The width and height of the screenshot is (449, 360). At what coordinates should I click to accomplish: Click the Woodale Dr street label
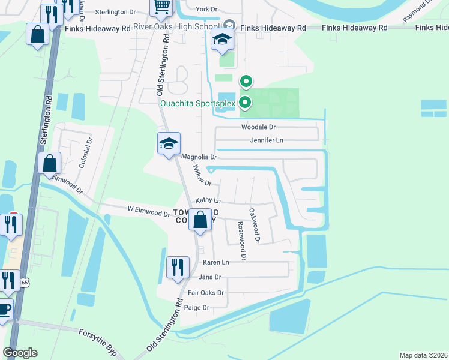258,127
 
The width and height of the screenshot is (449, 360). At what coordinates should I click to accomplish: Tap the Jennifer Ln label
267,140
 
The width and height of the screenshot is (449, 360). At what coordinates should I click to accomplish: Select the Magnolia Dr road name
199,157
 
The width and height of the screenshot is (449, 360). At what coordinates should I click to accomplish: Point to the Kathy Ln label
208,200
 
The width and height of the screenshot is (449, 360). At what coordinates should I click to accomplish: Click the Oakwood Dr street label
254,225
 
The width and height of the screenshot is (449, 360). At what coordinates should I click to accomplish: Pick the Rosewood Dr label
241,240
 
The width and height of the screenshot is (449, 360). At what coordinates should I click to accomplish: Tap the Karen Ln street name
216,263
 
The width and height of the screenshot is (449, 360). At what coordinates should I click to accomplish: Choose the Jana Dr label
209,277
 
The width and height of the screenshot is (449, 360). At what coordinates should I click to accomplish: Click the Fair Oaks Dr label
206,293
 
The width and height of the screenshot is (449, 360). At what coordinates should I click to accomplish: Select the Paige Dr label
197,308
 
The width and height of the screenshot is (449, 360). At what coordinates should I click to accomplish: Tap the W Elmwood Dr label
149,212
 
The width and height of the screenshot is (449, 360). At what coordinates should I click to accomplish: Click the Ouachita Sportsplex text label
197,103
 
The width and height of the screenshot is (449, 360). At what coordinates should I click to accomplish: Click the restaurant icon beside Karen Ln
177,266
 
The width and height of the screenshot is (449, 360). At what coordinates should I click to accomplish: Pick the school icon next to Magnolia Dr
169,144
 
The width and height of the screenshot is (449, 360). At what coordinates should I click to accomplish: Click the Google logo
20,353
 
